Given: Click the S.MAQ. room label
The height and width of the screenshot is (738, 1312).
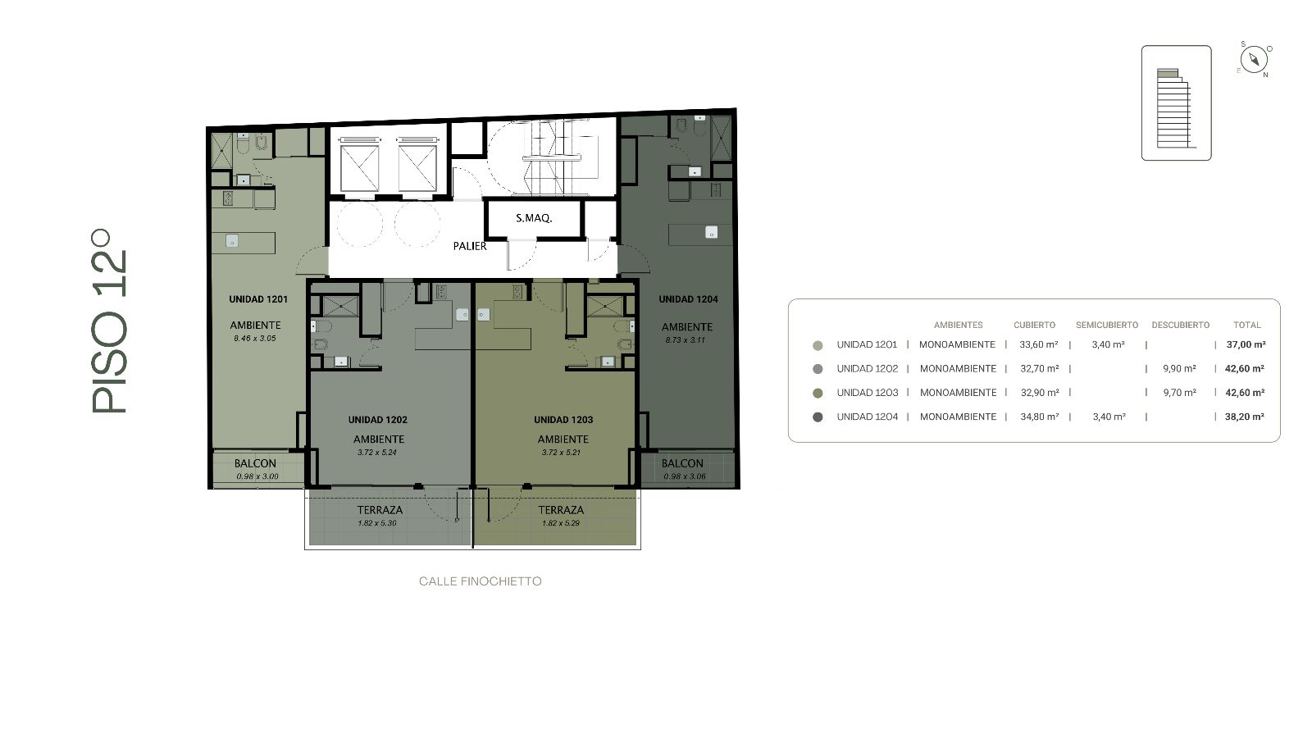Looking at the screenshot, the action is [534, 218].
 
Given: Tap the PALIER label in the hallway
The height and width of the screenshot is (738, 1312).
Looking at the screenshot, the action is [470, 246].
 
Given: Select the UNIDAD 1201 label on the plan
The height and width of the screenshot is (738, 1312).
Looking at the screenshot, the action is [258, 299].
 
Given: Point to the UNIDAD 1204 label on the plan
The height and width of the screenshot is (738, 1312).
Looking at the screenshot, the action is [688, 299].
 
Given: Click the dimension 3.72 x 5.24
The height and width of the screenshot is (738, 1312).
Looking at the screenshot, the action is [377, 452].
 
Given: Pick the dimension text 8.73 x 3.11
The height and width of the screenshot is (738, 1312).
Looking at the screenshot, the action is [686, 339].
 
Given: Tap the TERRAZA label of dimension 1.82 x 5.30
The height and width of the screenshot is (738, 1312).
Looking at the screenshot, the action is [380, 510].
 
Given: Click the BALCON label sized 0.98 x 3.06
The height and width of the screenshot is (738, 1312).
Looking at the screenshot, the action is [682, 463].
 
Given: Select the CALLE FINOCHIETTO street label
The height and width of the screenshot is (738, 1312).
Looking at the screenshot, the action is [481, 581].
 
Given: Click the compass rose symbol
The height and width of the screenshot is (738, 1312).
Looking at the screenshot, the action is [1254, 61].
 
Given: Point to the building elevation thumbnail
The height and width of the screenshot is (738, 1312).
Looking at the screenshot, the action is [1176, 103].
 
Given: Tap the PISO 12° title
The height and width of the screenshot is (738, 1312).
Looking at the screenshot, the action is [109, 321].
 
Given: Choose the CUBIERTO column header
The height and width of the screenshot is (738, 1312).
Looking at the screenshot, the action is [1034, 325].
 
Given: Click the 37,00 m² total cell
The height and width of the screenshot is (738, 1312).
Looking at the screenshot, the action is [1246, 344].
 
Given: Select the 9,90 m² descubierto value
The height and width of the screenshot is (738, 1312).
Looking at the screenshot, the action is [1180, 368].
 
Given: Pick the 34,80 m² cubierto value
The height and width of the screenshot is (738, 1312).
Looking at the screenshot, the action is [1039, 417].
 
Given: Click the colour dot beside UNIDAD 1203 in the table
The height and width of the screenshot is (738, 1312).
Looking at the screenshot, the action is [818, 393].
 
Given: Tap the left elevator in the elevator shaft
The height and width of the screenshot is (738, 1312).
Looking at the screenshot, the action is [360, 168].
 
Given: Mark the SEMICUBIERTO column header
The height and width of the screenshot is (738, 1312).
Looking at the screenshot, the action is [1107, 325].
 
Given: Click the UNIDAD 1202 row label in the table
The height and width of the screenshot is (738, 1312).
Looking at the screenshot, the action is [868, 368].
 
